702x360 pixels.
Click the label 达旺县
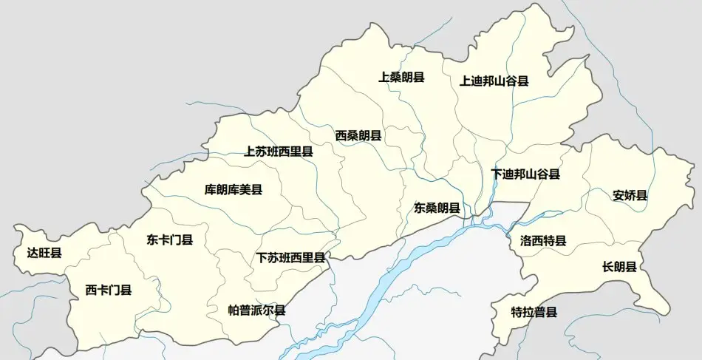[x=44, y=254]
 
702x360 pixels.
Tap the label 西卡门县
[x=109, y=290]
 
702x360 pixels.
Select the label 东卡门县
[x=169, y=240]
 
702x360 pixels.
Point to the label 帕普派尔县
[x=256, y=310]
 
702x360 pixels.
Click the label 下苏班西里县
[x=290, y=258]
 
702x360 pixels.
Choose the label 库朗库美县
[x=234, y=190]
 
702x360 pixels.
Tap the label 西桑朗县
[x=358, y=135]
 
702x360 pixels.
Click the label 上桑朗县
[x=401, y=77]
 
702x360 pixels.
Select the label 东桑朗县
[x=437, y=208]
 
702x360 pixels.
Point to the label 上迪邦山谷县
[x=494, y=81]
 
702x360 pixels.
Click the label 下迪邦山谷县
[x=525, y=174]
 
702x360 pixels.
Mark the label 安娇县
[x=630, y=196]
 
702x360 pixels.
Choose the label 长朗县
[x=619, y=267]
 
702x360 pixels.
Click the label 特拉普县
[x=534, y=312]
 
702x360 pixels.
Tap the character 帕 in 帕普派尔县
[x=234, y=310]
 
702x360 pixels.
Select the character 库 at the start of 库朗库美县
[x=211, y=190]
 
